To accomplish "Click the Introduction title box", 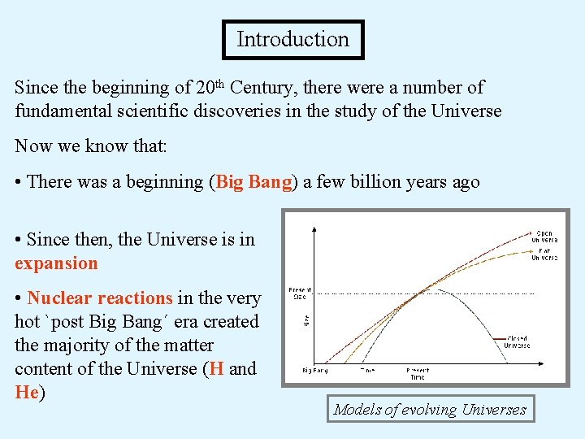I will click(292, 40).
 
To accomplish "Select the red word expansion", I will click(56, 263).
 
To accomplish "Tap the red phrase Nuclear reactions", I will click(100, 298).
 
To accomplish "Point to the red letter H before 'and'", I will click(216, 369).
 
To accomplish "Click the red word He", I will click(27, 393).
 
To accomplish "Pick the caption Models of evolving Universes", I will click(430, 410).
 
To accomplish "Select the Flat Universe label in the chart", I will click(544, 254).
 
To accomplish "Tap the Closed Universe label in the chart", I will click(518, 342).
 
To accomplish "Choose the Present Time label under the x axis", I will click(417, 373).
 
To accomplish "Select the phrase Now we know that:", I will click(91, 146).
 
